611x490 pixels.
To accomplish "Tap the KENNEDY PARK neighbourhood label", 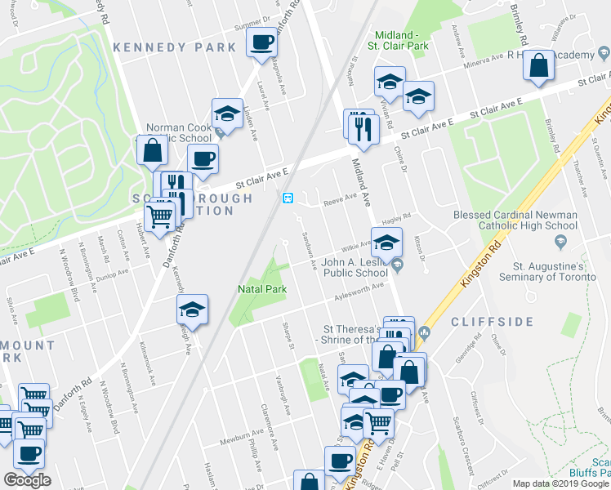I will point(174,48).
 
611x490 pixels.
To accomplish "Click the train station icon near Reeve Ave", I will point(288,198).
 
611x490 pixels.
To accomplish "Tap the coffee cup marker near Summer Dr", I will point(262,42).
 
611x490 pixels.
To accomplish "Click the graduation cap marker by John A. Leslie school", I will point(386,241).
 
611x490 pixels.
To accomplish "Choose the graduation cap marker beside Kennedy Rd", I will point(192,310).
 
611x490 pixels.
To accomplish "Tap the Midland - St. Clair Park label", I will point(401,41).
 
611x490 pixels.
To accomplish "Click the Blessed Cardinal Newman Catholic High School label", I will point(515,220).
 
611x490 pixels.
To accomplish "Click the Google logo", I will point(27,480).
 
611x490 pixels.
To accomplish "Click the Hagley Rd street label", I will point(395,219).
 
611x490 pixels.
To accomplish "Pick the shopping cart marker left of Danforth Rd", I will point(160,216).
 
